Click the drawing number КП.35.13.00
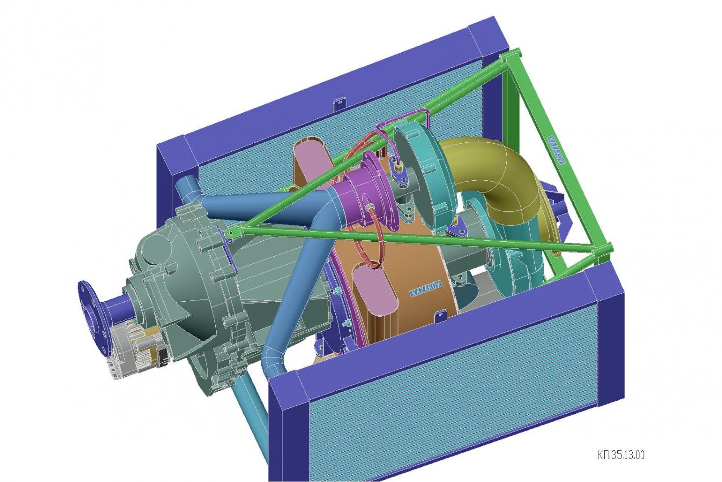point(621,455)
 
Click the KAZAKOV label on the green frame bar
point(556,150)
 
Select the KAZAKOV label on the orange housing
point(426,288)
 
